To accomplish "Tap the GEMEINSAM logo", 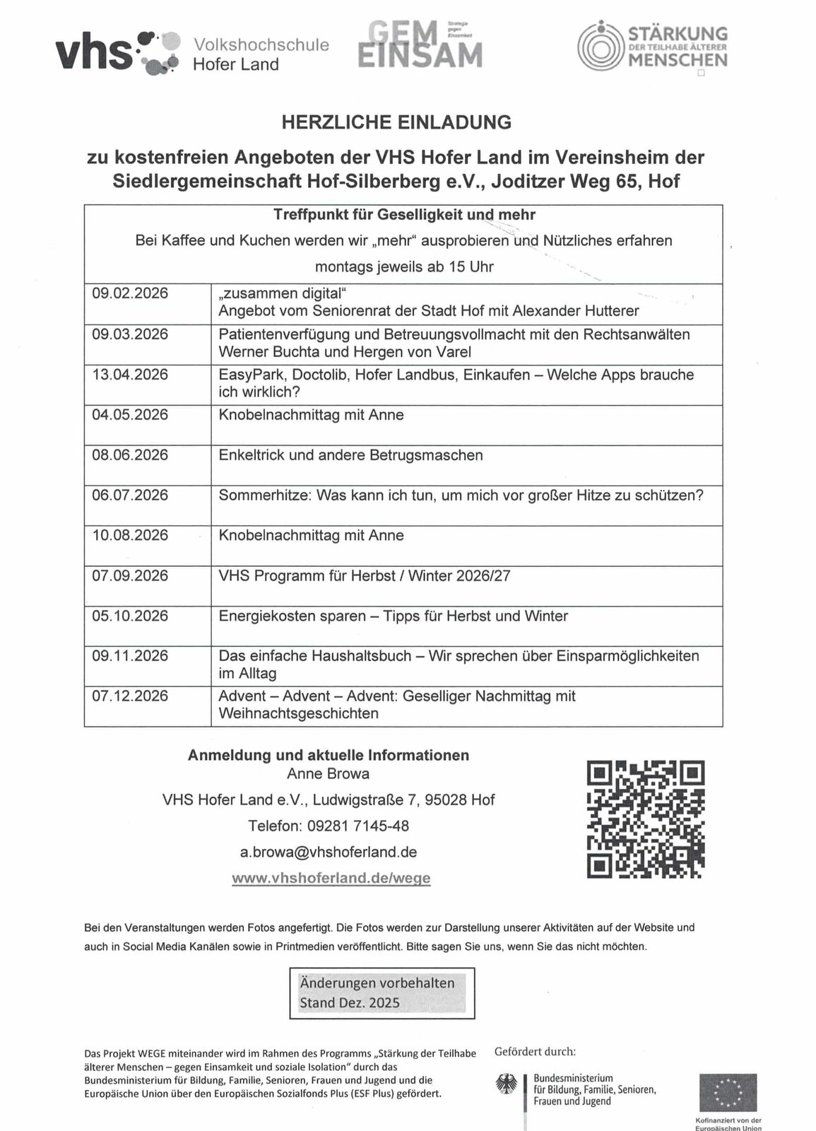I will coord(420,45).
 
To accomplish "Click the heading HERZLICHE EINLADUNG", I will coord(396,122).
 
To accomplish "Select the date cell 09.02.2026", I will coord(130,293).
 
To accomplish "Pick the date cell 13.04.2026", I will coord(130,375).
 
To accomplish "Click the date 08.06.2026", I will coord(130,455).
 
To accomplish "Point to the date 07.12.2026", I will coord(130,696).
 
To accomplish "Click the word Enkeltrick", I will coord(251,455).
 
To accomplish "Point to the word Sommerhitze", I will coord(264,496).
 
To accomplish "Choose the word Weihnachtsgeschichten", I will coord(298,714).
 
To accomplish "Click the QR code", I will coord(646,819).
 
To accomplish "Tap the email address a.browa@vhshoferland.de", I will coord(329,852).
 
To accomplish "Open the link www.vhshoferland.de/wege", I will coord(331,879).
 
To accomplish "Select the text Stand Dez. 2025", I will coord(350,1003).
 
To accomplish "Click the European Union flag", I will coord(728,1093).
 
